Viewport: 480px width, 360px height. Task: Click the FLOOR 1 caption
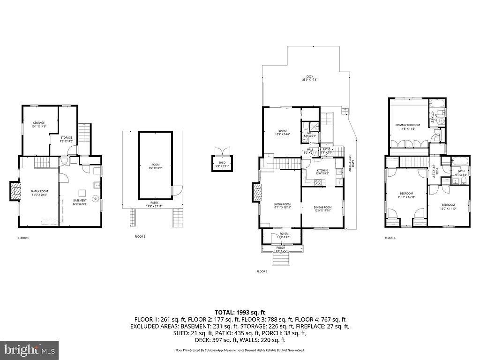(x=23, y=238)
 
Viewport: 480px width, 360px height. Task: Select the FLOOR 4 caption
(x=390, y=238)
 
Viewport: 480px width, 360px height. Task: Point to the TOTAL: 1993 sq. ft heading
(x=240, y=312)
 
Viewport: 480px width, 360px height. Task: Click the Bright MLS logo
(x=29, y=350)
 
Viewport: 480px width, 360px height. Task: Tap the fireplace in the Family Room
(x=16, y=191)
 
